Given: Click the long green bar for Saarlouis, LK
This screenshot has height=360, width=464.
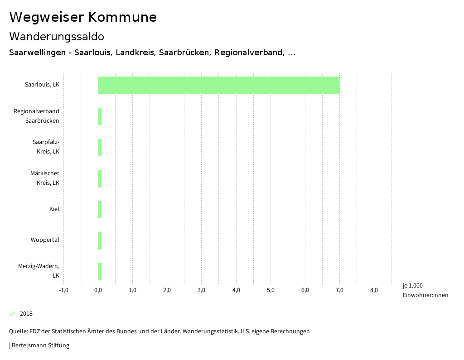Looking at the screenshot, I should click(218, 85).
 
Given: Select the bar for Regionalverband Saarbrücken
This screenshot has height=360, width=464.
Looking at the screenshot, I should click(100, 116).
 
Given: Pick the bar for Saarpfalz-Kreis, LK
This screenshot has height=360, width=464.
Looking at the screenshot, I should click(100, 147).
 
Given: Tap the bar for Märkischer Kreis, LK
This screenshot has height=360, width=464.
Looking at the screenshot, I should click(100, 178).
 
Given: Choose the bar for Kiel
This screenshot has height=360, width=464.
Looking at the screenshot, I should click(100, 209).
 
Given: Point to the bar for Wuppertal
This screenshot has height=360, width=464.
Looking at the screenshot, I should click(100, 240).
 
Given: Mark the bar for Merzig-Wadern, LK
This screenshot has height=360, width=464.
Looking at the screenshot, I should click(100, 271).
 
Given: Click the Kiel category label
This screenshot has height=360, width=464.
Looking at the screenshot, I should click(54, 209).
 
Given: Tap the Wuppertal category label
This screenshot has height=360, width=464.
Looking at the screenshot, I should click(45, 240).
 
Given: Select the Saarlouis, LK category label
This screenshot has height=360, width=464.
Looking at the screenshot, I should click(42, 85).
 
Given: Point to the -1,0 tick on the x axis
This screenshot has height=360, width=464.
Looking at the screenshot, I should click(63, 290).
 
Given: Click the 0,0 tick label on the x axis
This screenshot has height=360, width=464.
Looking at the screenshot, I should click(98, 290).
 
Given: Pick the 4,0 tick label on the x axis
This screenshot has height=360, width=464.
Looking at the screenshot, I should click(236, 290).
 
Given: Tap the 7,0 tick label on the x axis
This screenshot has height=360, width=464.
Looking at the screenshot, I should click(339, 290).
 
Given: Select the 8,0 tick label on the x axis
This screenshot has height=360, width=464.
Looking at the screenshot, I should click(374, 290).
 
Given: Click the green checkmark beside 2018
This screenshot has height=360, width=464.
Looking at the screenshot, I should click(12, 314).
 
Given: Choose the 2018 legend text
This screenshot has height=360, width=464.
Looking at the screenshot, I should click(26, 314).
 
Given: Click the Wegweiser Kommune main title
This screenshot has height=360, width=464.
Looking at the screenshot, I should click(83, 17).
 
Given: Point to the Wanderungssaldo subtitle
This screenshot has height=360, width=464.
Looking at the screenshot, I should click(57, 36).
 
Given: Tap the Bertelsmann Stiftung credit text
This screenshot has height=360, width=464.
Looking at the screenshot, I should click(40, 346).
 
